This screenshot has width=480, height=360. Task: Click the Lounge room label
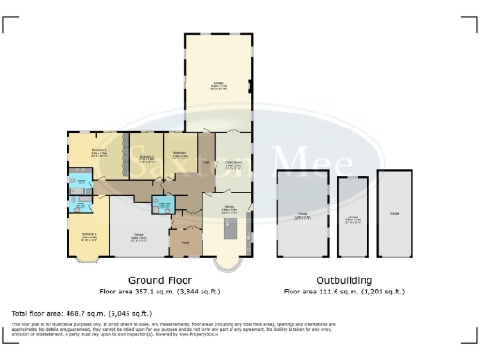click(x=218, y=85)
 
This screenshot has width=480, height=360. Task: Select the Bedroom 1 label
click(x=180, y=153)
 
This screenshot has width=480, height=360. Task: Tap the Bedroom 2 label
click(x=146, y=157)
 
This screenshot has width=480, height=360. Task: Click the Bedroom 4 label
click(x=89, y=236)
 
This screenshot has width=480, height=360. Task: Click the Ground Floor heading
click(x=156, y=279)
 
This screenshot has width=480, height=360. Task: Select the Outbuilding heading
click(x=343, y=279)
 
